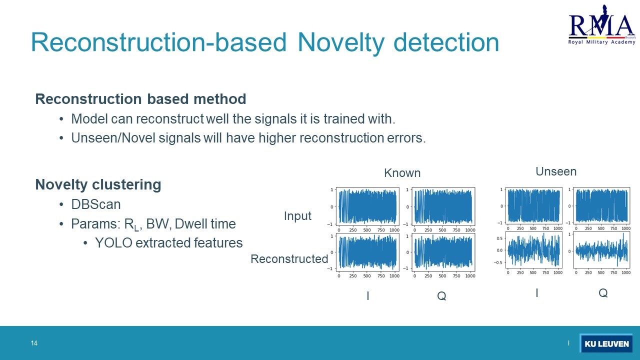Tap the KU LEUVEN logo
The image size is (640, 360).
click(606, 343)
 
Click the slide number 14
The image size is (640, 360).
click(34, 343)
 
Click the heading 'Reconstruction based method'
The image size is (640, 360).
click(140, 99)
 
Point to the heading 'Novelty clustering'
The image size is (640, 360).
click(98, 185)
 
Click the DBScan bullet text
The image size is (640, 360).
click(95, 204)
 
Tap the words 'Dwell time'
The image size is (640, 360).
click(205, 223)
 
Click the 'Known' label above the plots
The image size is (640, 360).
click(402, 173)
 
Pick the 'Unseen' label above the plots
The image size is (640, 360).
click(556, 171)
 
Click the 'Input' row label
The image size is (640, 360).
click(297, 216)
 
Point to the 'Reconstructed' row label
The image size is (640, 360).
click(289, 259)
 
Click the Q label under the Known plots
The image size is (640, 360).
click(441, 296)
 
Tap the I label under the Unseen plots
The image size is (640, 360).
click(537, 293)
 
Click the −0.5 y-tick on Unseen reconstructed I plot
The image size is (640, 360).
click(498, 262)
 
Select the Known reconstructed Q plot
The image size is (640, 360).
click(443, 252)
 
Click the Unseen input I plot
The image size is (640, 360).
click(533, 205)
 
